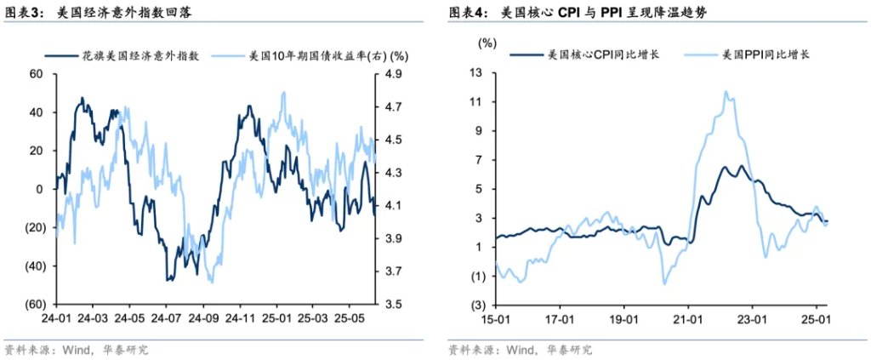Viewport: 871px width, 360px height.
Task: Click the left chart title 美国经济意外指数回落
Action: [128, 13]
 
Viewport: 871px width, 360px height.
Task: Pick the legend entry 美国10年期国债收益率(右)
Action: [311, 57]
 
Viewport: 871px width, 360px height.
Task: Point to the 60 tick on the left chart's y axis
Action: [37, 74]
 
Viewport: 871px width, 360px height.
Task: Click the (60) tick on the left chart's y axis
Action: [34, 305]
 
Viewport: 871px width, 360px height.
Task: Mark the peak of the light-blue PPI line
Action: [726, 92]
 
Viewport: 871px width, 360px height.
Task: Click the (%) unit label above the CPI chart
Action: [488, 42]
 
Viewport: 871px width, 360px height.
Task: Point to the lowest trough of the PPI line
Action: [664, 283]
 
